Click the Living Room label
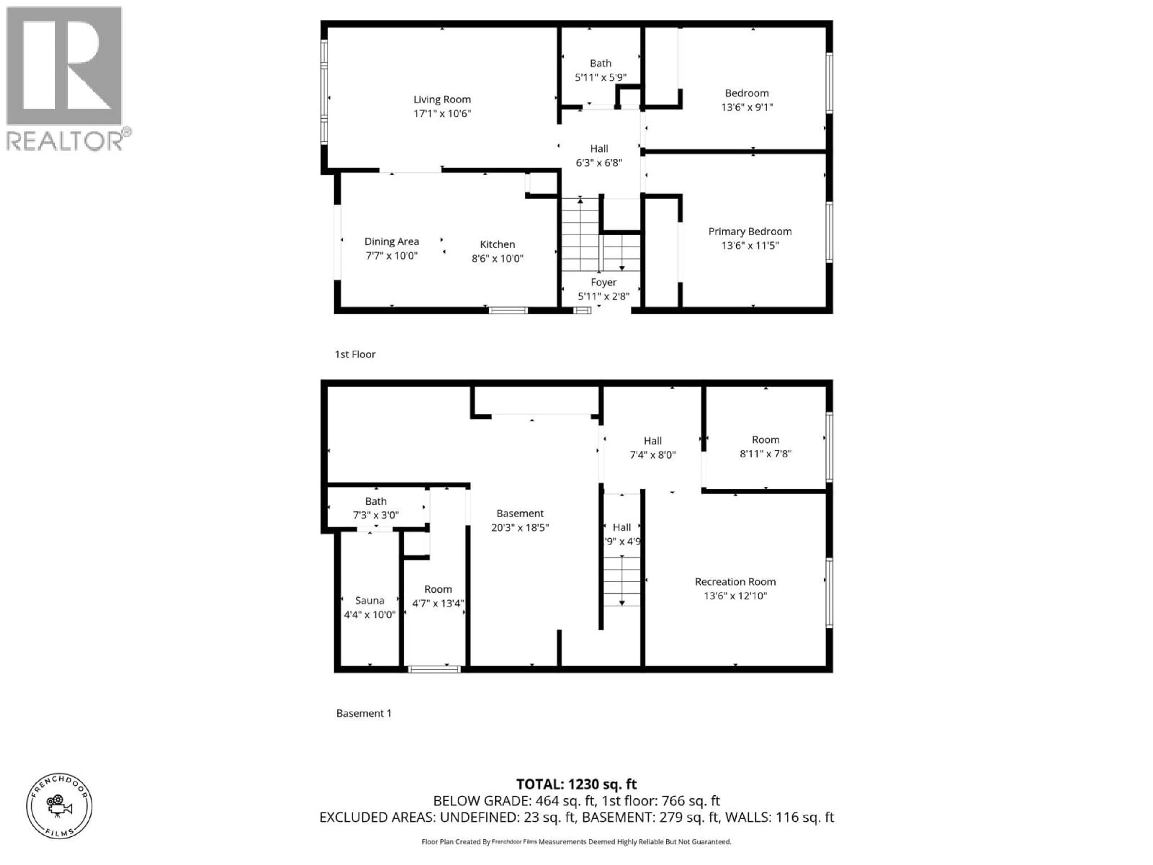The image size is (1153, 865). (x=442, y=99)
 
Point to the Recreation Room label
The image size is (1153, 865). (x=735, y=581)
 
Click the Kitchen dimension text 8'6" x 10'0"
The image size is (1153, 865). (x=497, y=258)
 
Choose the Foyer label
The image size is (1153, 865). (x=604, y=282)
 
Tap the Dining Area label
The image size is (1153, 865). (x=392, y=241)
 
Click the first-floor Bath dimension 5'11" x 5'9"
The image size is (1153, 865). (x=601, y=77)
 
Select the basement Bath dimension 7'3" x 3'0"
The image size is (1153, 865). (x=376, y=515)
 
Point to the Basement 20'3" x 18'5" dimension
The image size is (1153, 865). (x=520, y=527)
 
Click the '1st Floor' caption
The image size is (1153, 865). (x=355, y=354)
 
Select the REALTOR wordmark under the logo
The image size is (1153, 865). (x=65, y=141)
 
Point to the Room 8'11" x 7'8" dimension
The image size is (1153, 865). (x=765, y=454)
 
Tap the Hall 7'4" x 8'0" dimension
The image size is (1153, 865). (x=652, y=455)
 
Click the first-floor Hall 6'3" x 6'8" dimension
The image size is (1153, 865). (x=599, y=163)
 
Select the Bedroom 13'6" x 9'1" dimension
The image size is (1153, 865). (x=746, y=107)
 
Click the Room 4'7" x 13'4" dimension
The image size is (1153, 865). (x=438, y=603)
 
